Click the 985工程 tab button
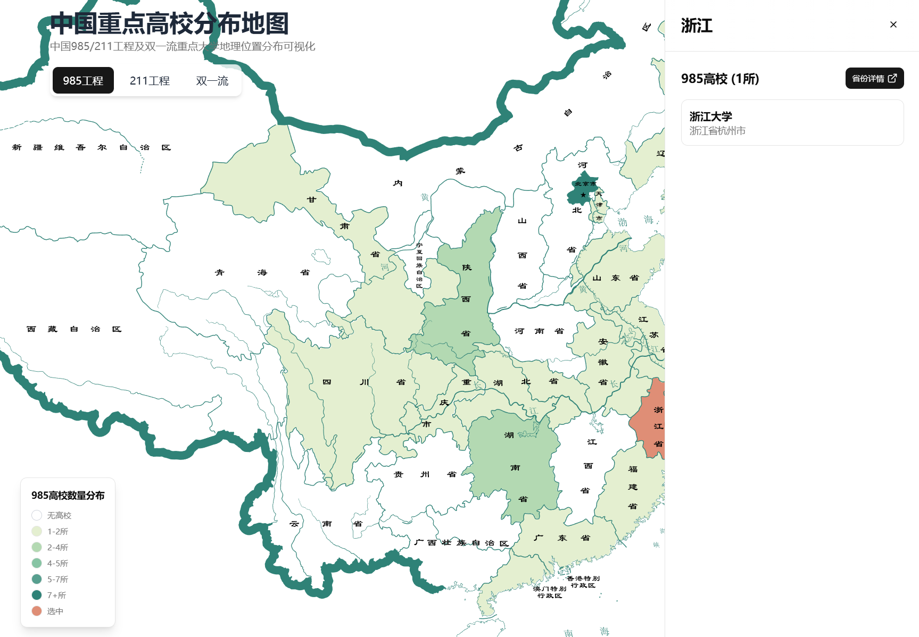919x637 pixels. point(83,80)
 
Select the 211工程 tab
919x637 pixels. point(150,80)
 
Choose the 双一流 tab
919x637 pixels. point(212,80)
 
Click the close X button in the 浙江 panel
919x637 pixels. point(893,24)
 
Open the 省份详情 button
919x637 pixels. point(874,78)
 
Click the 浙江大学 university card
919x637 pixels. point(792,123)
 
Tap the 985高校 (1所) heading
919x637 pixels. point(720,79)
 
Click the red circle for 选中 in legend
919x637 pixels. point(37,611)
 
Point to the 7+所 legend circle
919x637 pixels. point(37,595)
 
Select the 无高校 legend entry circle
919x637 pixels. point(37,515)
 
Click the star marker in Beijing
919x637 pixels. point(583,195)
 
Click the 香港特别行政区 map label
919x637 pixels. point(583,582)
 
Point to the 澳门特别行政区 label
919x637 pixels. point(550,592)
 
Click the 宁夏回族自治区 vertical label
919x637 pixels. point(419,265)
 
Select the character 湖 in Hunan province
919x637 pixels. point(509,435)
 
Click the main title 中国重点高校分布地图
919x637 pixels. point(169,23)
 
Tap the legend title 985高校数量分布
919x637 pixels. point(68,496)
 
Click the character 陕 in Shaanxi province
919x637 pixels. point(467,267)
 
